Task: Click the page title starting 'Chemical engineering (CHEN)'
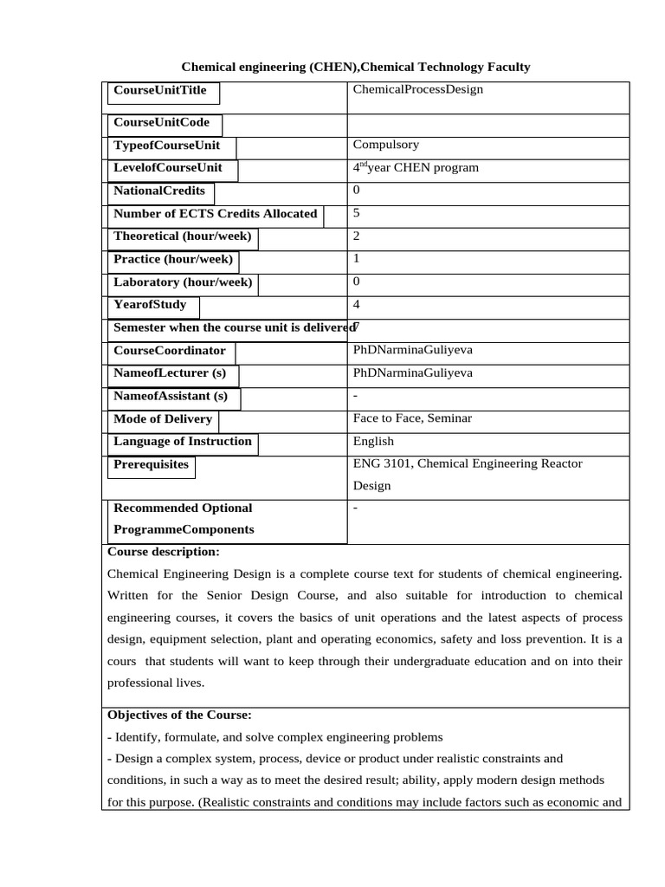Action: click(x=355, y=67)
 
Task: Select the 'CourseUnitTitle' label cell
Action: click(x=161, y=90)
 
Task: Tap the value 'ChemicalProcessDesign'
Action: click(x=418, y=89)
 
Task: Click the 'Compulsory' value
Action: click(x=385, y=145)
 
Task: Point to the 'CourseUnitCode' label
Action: click(x=162, y=122)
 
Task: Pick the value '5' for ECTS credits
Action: click(x=357, y=213)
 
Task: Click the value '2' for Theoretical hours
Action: click(x=357, y=236)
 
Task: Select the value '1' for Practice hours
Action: click(x=357, y=258)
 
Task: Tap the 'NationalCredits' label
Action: click(x=159, y=191)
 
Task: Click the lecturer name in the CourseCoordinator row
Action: click(x=413, y=350)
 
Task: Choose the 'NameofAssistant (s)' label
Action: click(x=171, y=396)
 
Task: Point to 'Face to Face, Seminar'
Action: click(x=412, y=418)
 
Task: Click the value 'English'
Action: click(x=373, y=441)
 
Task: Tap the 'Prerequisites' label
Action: click(x=151, y=464)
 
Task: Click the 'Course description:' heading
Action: click(x=164, y=552)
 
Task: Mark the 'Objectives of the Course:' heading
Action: click(x=179, y=715)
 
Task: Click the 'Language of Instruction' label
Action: click(x=183, y=441)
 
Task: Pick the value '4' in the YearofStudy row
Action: click(x=357, y=304)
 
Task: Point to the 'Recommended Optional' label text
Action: click(x=183, y=508)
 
